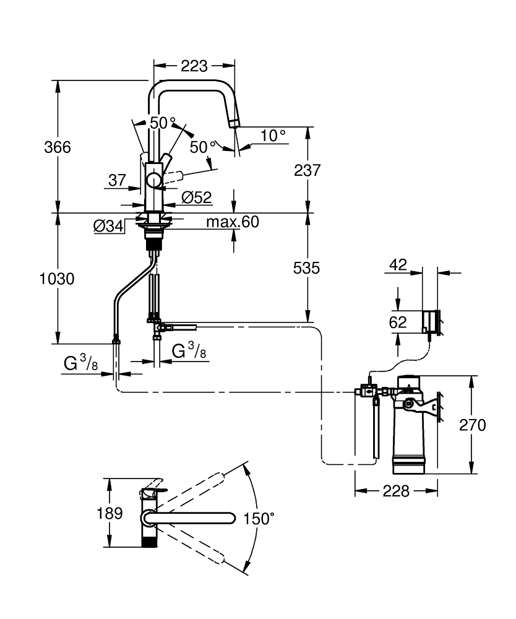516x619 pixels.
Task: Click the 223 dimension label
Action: [x=194, y=66]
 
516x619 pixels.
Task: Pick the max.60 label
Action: [x=232, y=222]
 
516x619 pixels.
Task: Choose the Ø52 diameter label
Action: [x=197, y=197]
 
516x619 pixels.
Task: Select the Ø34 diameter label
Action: [x=108, y=227]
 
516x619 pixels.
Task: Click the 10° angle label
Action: [x=272, y=135]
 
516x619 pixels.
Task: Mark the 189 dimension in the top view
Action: [x=109, y=513]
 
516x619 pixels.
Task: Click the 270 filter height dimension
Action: [x=473, y=425]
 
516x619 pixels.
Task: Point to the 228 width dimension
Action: [x=397, y=491]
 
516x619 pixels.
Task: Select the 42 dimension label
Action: [x=398, y=265]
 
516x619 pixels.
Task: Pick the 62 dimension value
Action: [x=398, y=322]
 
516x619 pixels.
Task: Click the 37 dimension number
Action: [x=118, y=180]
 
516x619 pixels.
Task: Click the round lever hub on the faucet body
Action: [x=153, y=181]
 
